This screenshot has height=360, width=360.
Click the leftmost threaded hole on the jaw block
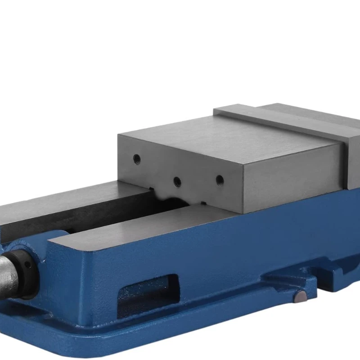click(x=137, y=158)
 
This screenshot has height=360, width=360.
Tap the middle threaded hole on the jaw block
click(x=177, y=181)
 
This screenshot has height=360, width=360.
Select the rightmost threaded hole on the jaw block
click(x=220, y=180)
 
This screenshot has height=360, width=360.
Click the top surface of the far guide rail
click(x=67, y=198)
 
